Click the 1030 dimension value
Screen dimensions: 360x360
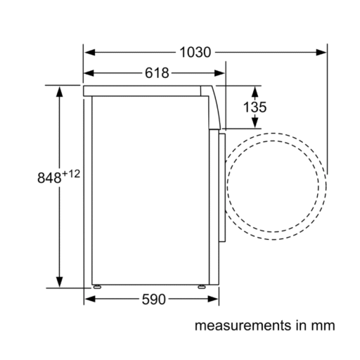coord(195,52)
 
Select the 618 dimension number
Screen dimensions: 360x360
coord(157,73)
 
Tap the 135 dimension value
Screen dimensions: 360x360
coord(255,107)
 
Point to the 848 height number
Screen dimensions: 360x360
coord(49,178)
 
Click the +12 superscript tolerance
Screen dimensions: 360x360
coord(71,174)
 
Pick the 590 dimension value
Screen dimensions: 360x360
coord(154,300)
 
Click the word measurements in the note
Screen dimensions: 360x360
coord(243,326)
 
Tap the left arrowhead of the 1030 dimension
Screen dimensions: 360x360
coord(90,52)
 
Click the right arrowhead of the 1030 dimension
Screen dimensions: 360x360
coord(321,52)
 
